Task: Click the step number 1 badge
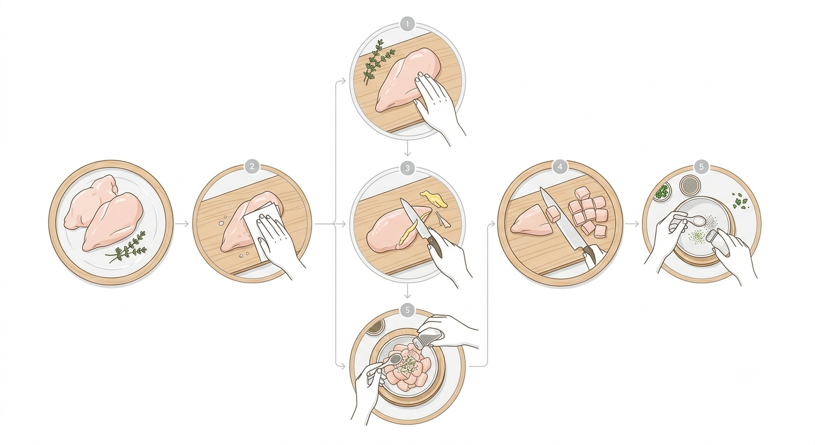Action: [407, 24]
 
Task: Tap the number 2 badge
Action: [252, 167]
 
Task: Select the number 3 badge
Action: [407, 168]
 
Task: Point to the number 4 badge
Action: [560, 167]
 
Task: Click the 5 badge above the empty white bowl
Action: [701, 167]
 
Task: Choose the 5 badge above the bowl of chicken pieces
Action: [407, 310]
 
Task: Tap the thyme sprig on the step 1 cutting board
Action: [377, 62]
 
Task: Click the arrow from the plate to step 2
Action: [182, 224]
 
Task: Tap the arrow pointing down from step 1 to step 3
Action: [407, 147]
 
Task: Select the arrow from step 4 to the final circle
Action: [632, 224]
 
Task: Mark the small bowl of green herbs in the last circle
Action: [662, 192]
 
